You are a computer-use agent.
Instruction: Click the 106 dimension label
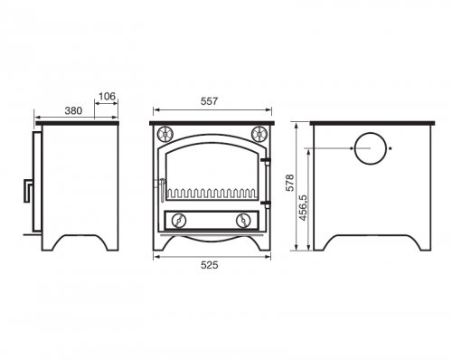[x=107, y=97]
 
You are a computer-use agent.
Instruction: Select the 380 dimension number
[x=73, y=111]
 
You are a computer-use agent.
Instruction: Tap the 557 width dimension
[x=209, y=101]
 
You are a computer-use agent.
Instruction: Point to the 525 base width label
[x=209, y=265]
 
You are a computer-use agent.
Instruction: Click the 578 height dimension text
[x=290, y=183]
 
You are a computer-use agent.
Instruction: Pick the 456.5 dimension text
[x=303, y=207]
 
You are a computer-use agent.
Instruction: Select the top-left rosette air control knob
[x=165, y=133]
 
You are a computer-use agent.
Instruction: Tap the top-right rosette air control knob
[x=259, y=133]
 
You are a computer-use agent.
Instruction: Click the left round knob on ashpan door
[x=179, y=221]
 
